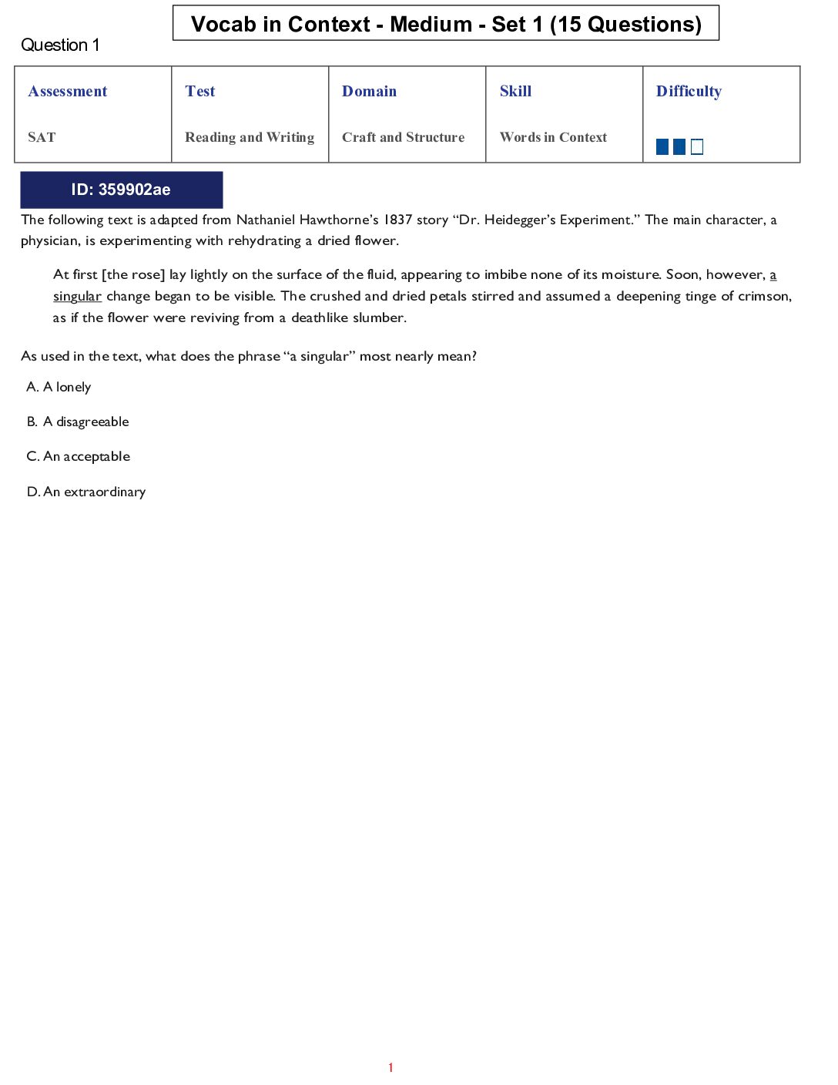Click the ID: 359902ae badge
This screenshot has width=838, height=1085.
click(x=121, y=190)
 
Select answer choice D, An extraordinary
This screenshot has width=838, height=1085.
click(x=86, y=492)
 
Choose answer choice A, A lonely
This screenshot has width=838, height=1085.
click(x=59, y=387)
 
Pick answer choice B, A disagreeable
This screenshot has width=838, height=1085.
click(x=78, y=422)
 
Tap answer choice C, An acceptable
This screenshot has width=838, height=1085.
click(x=79, y=456)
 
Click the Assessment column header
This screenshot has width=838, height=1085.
click(x=68, y=91)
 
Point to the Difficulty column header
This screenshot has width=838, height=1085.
click(x=689, y=91)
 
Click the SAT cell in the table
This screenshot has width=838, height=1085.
click(x=42, y=137)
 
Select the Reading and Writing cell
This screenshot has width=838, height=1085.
click(x=250, y=137)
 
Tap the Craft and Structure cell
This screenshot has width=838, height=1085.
click(x=403, y=137)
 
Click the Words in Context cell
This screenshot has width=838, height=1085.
click(x=553, y=137)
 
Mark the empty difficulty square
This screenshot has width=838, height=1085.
click(x=697, y=146)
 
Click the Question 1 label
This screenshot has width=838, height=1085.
click(x=60, y=45)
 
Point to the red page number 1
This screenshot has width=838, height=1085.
click(x=391, y=1067)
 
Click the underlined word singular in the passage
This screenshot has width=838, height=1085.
click(x=77, y=297)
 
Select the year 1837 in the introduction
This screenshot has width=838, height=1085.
click(x=398, y=220)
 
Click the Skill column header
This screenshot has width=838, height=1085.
click(x=515, y=91)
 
